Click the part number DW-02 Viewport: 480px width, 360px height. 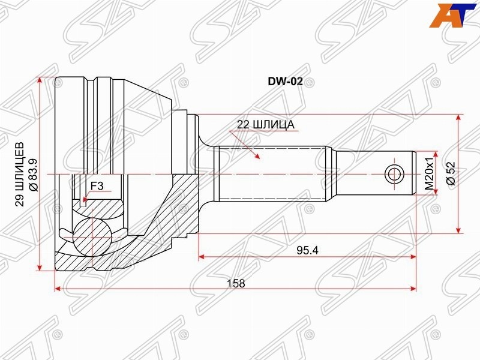coord(286,81)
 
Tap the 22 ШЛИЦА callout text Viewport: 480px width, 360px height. coord(265,125)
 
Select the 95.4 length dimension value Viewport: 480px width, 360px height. coord(307,250)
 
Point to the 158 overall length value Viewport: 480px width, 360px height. coord(236,283)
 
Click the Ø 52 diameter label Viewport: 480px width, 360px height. coord(451,173)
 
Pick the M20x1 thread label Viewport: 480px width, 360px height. coord(430,173)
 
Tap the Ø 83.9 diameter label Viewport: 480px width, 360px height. coord(33,175)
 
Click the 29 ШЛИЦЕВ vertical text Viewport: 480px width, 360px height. coord(20,175)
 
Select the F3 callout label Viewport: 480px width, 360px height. coord(97,186)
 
